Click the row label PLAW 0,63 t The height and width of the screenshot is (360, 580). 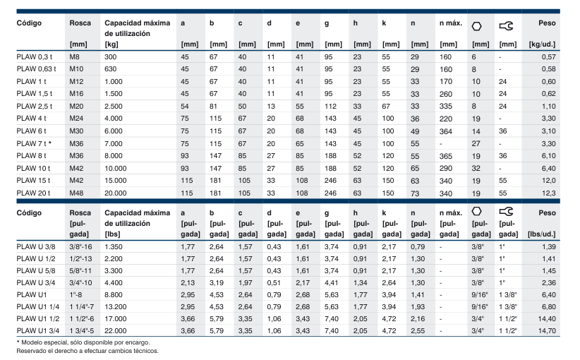tap(36, 69)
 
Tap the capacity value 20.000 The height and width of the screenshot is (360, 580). tap(116, 193)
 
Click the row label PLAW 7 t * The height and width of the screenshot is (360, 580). tap(34, 143)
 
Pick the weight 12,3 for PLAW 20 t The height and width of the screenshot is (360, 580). tap(548, 193)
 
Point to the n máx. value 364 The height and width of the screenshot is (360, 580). tap(446, 131)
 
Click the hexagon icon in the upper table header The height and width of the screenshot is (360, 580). tap(476, 26)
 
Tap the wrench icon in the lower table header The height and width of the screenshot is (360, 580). tap(506, 211)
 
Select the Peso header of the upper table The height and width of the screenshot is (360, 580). tap(547, 23)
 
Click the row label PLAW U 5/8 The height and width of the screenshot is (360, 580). tap(36, 271)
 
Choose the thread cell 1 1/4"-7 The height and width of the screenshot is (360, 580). tap(82, 307)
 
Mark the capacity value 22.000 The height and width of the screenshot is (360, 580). tap(116, 331)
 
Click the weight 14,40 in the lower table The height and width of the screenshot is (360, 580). tap(547, 319)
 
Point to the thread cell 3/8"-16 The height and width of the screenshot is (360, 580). tap(80, 247)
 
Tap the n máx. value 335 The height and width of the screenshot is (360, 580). tap(446, 107)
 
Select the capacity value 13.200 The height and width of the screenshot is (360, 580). tap(116, 307)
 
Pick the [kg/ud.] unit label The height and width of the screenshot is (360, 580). tap(543, 44)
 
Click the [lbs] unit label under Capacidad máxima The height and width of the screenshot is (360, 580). tap(112, 234)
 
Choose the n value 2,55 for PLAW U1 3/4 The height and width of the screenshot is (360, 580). tap(418, 331)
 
